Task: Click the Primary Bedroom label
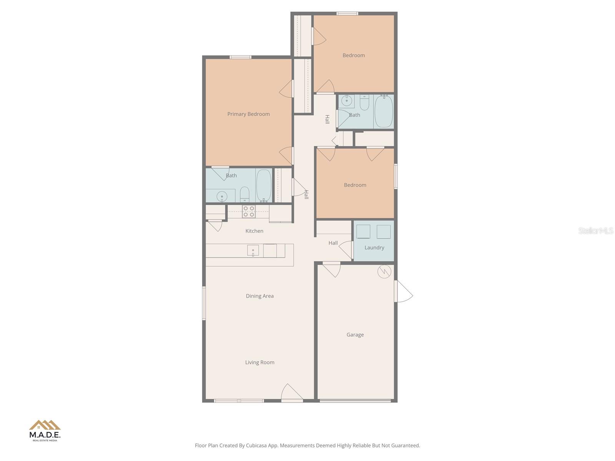(248, 114)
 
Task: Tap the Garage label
(355, 335)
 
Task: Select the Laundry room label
(374, 248)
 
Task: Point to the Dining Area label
(259, 296)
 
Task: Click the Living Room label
(259, 362)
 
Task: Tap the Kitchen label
(254, 231)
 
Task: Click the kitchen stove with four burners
(249, 212)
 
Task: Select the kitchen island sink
(253, 251)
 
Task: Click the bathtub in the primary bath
(264, 185)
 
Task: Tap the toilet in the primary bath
(245, 194)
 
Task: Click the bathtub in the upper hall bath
(383, 111)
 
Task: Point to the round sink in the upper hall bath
(347, 101)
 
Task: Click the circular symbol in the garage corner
(384, 272)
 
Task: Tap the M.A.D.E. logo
(45, 430)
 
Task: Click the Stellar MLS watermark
(595, 230)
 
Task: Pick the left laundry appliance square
(363, 232)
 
